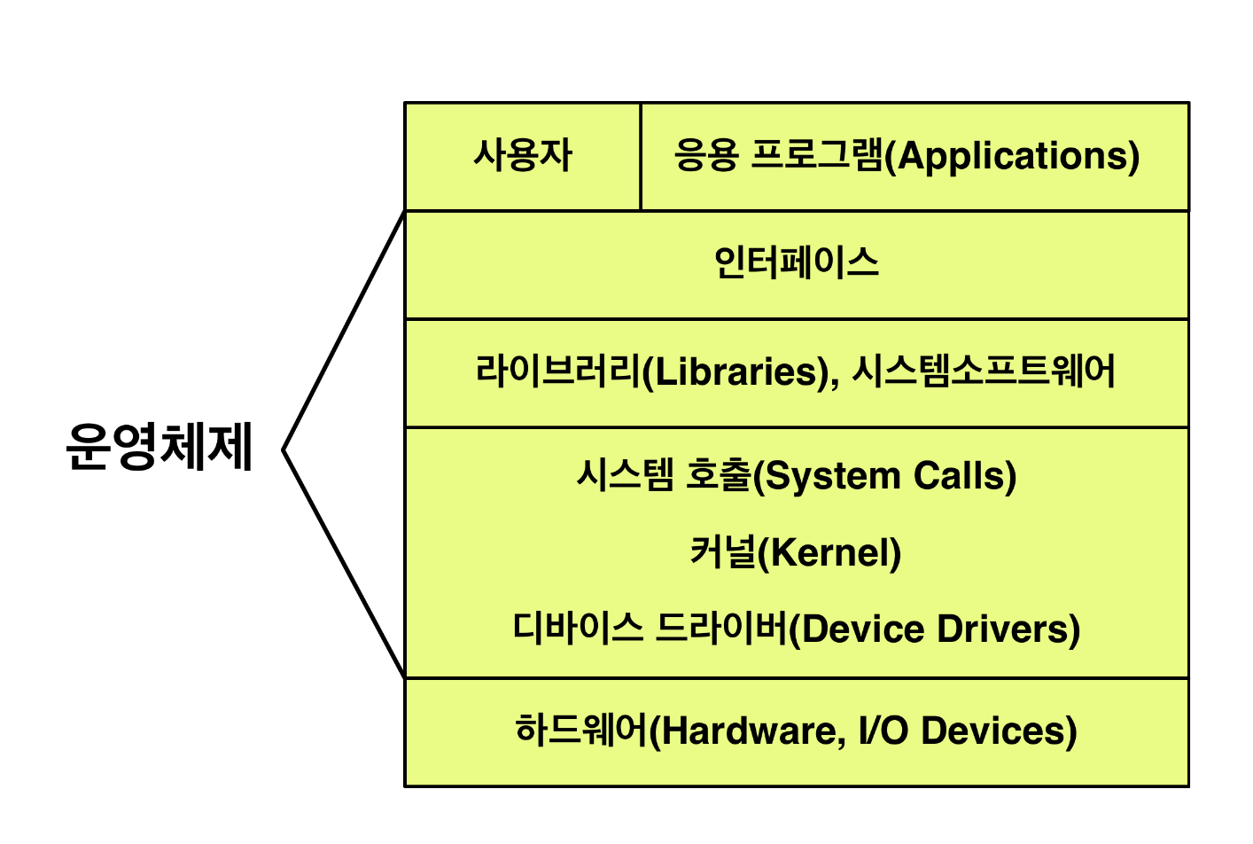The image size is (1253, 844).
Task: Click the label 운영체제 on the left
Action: point(160,446)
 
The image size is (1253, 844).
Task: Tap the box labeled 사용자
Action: point(523,156)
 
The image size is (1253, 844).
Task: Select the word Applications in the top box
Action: point(1018,156)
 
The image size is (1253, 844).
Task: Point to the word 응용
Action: point(705,156)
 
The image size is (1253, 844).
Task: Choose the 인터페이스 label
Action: point(796,263)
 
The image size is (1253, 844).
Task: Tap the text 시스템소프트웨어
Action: point(984,371)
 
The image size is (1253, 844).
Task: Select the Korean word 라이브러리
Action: point(557,371)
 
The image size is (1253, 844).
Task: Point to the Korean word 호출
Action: point(719,477)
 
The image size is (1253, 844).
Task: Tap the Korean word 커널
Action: point(723,553)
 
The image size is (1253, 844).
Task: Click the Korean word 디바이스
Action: point(578,629)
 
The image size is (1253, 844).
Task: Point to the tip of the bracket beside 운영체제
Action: point(284,449)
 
